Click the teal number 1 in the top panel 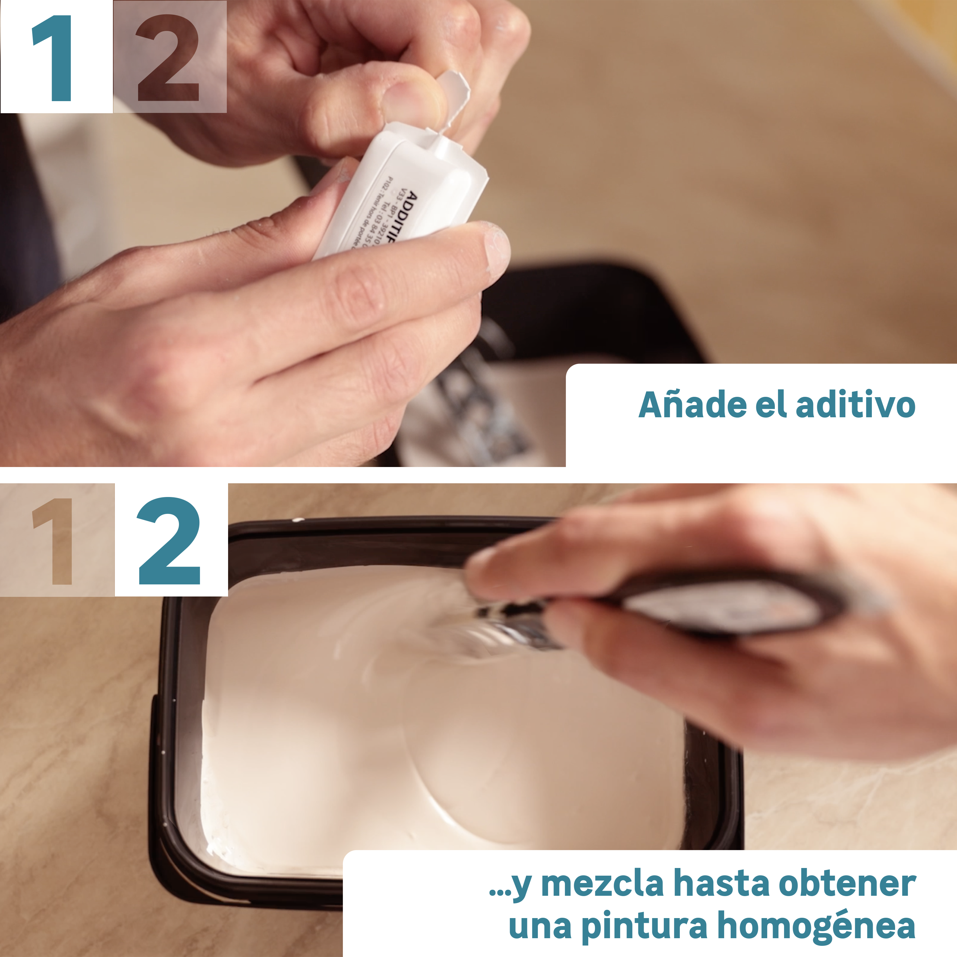(x=54, y=58)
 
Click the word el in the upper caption (x=771, y=405)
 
